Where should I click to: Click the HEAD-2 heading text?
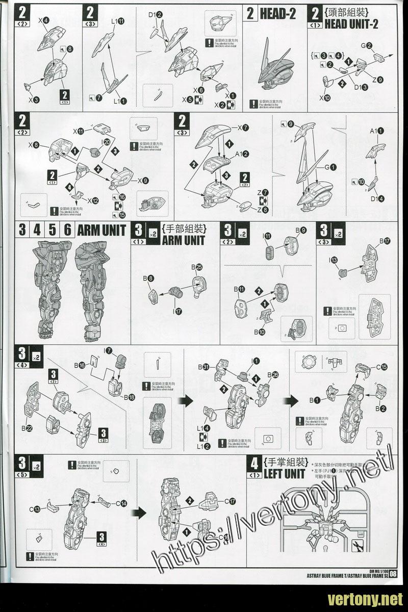click(277, 14)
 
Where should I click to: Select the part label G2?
click(367, 46)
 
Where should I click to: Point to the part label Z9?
click(377, 79)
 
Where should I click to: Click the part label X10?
click(324, 98)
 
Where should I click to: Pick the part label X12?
click(92, 200)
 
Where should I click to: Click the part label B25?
click(197, 267)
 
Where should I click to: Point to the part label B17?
click(385, 240)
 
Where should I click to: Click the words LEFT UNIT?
click(284, 474)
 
